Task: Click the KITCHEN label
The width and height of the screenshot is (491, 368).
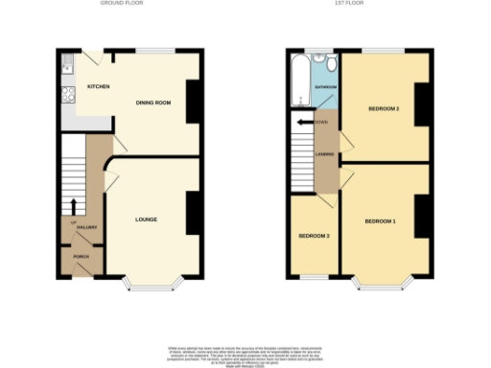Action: (x=98, y=87)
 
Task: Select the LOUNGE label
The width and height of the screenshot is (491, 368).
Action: (x=145, y=219)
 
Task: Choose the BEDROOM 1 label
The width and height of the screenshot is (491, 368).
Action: (x=380, y=221)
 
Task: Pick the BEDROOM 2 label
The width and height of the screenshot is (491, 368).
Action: (x=384, y=108)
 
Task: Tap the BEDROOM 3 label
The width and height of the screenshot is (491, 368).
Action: (x=314, y=236)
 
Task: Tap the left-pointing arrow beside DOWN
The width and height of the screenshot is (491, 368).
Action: (x=305, y=122)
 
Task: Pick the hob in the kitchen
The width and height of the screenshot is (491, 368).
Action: (x=66, y=94)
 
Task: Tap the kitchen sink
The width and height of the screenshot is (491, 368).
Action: (x=66, y=66)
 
